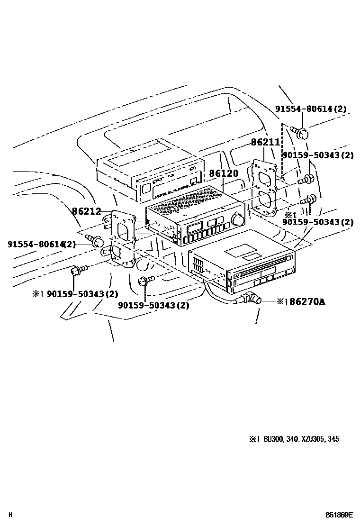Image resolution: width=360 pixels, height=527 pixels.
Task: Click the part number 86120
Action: tap(224, 174)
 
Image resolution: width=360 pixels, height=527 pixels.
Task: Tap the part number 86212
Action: tap(87, 211)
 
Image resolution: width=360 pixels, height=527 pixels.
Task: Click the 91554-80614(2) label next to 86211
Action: tap(310, 109)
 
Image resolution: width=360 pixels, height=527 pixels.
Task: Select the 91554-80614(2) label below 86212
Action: tap(41, 244)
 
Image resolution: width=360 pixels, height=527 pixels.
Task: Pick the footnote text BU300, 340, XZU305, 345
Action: tap(301, 439)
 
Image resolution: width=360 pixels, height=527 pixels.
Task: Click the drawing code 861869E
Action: tap(339, 515)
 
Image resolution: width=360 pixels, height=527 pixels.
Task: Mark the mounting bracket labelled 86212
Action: tap(122, 239)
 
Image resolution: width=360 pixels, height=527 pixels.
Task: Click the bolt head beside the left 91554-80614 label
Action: tap(98, 242)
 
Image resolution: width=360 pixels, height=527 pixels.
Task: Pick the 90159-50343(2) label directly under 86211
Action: tap(318, 155)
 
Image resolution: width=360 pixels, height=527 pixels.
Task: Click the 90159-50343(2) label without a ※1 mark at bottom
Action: tap(153, 306)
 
